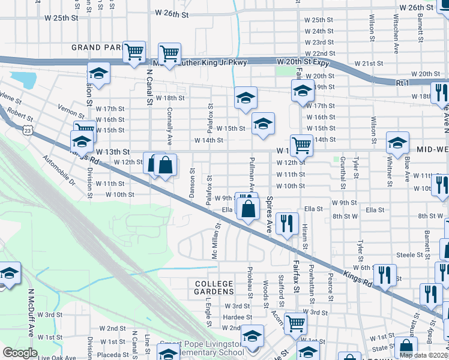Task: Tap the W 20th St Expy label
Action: [x=304, y=62]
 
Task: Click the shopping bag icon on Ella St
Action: [x=248, y=209]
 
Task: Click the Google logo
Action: [x=20, y=353]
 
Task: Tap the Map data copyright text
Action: [x=423, y=355]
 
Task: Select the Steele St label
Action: [x=411, y=255]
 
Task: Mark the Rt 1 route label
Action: [x=402, y=82]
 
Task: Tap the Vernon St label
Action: [x=71, y=108]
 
